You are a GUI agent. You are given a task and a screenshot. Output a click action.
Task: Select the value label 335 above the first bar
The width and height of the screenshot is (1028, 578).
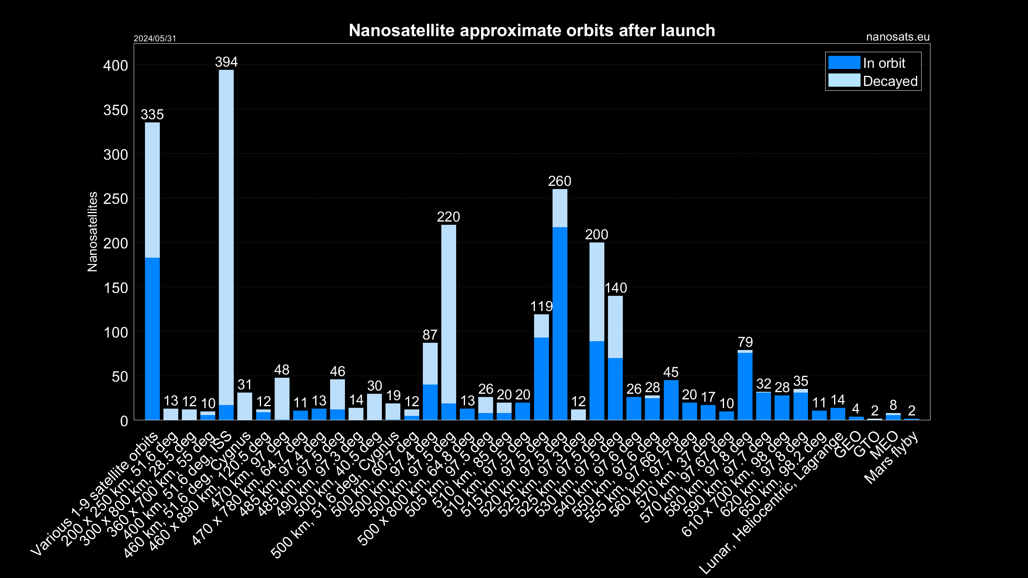coord(152,115)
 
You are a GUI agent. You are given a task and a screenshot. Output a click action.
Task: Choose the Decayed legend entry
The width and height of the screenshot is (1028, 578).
coord(873,81)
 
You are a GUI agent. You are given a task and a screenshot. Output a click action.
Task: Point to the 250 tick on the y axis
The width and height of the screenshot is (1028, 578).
coord(116,199)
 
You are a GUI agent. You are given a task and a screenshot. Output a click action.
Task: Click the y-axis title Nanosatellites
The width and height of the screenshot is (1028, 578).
coord(92,232)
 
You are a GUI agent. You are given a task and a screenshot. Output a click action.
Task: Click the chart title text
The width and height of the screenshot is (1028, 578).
coord(532,31)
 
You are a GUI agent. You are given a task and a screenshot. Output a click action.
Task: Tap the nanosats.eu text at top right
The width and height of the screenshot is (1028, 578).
coord(897,37)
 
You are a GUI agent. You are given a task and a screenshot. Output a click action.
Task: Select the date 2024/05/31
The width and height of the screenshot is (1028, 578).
coord(155,39)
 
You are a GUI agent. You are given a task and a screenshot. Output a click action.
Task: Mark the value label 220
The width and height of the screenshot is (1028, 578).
coord(448,217)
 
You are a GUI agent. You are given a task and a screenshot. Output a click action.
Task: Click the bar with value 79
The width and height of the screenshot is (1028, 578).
coord(745,385)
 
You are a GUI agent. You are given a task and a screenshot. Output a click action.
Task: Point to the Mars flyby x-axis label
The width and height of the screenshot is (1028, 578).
coord(891,458)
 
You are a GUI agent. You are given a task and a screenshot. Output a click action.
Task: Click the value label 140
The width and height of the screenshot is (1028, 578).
coord(616,288)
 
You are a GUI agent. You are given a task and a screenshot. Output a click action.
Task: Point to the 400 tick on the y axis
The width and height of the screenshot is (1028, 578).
coord(116,66)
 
